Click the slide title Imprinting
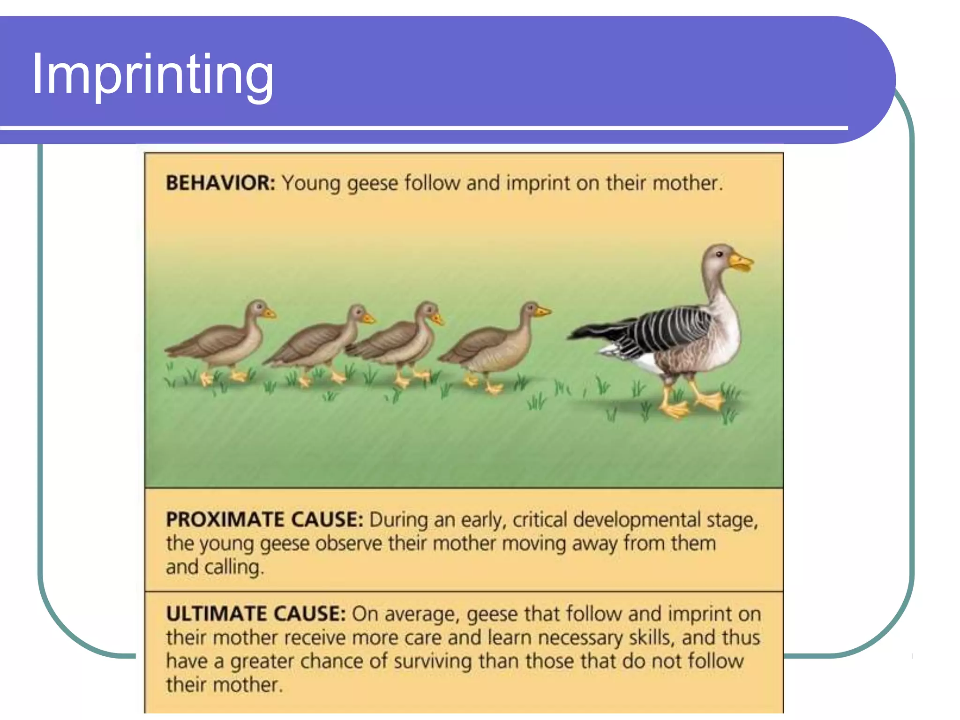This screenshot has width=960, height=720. pyautogui.click(x=152, y=75)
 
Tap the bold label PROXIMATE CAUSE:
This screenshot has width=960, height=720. pyautogui.click(x=264, y=519)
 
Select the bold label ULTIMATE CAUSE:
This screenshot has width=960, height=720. pyautogui.click(x=256, y=614)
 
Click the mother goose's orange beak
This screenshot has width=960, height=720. pyautogui.click(x=741, y=262)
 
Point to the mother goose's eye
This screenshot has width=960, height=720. pyautogui.click(x=719, y=255)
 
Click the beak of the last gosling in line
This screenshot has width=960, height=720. pyautogui.click(x=269, y=313)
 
